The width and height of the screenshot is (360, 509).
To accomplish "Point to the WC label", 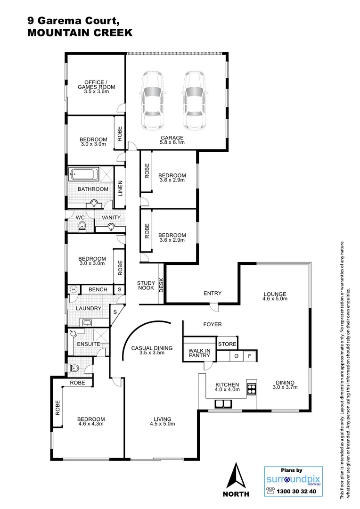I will pyautogui.click(x=80, y=218).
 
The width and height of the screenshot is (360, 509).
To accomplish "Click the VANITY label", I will pyautogui.click(x=111, y=218).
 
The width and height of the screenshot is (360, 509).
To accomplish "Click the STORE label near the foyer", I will pyautogui.click(x=227, y=344).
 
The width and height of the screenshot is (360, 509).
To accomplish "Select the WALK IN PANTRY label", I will pyautogui.click(x=199, y=353).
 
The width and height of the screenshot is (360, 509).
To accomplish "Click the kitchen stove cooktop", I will pyautogui.click(x=251, y=389).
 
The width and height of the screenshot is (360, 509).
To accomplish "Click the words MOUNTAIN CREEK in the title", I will pyautogui.click(x=80, y=33).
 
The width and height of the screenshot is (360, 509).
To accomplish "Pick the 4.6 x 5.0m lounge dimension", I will pyautogui.click(x=275, y=300).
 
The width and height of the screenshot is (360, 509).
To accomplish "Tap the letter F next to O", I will pyautogui.click(x=250, y=356).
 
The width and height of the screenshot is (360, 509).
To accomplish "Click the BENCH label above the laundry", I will pyautogui.click(x=98, y=289).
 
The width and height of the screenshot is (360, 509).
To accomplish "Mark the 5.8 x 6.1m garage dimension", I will pyautogui.click(x=172, y=142).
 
